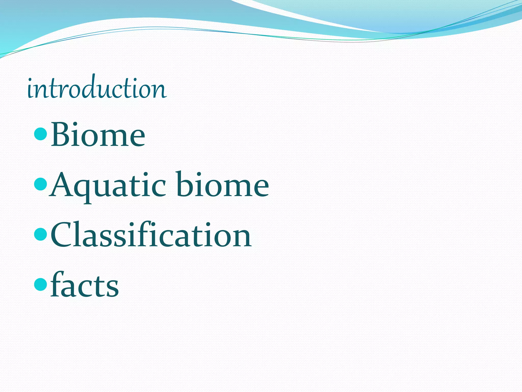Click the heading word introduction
pyautogui.click(x=97, y=88)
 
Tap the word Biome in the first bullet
pyautogui.click(x=98, y=135)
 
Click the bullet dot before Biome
pyautogui.click(x=40, y=134)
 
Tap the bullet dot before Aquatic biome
pyautogui.click(x=40, y=185)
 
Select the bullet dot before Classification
pyautogui.click(x=40, y=235)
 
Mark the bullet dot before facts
pyautogui.click(x=40, y=285)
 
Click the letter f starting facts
pyautogui.click(x=58, y=284)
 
